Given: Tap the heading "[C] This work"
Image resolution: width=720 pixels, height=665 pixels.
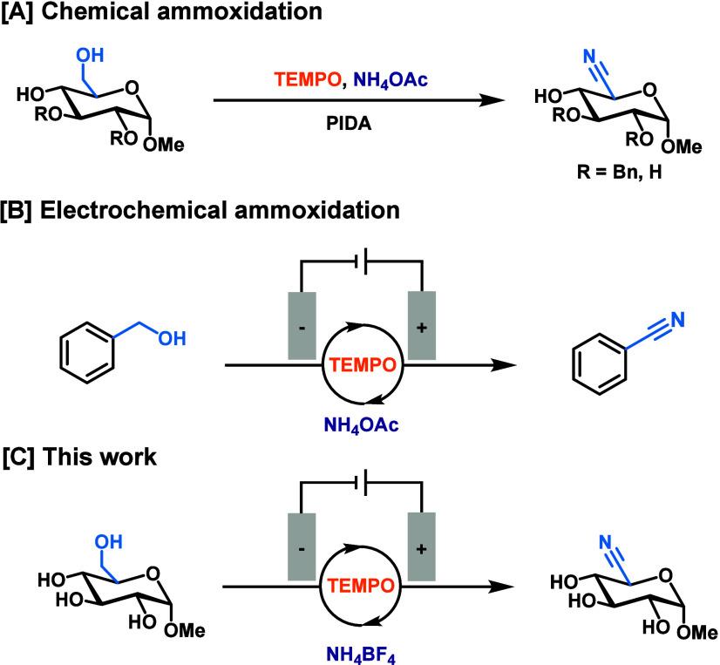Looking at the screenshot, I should (84, 457).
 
